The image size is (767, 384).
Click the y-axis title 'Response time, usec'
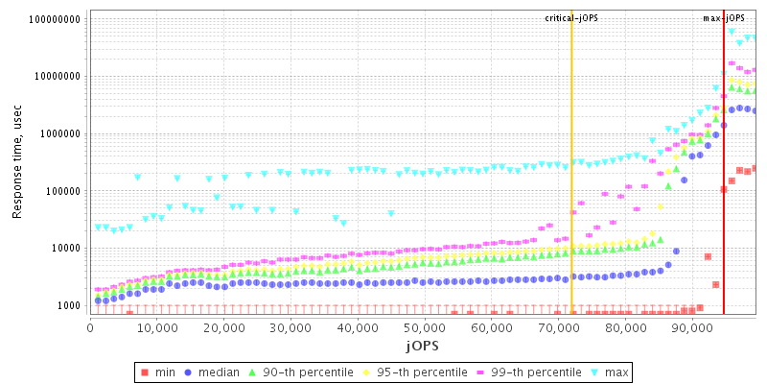tap(17, 162)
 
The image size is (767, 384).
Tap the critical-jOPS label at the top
tap(571, 18)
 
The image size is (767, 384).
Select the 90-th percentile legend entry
tap(302, 372)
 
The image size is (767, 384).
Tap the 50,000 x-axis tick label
tap(424, 328)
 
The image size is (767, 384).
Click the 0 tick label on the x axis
tap(90, 328)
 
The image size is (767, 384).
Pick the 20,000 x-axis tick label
tap(223, 328)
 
